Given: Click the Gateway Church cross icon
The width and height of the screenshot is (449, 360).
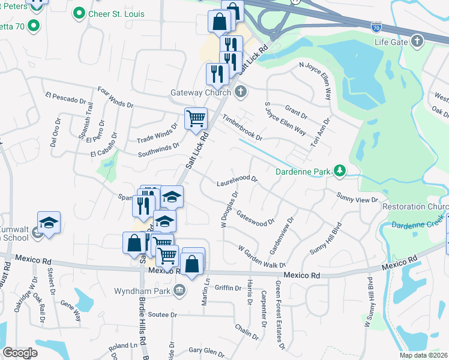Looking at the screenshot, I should tap(241, 92).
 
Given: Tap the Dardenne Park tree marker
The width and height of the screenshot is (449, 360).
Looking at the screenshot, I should tap(340, 171).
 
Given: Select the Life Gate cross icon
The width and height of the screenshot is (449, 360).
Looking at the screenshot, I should tap(417, 41).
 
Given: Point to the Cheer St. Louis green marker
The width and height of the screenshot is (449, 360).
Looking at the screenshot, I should tap(78, 13).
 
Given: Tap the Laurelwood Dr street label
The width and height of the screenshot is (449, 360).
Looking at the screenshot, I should tap(237, 179).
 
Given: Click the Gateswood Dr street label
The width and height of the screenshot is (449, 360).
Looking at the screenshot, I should tap(255, 217).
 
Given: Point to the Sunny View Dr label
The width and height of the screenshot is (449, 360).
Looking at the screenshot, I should tap(358, 198).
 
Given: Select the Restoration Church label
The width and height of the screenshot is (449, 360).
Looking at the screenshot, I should tap(415, 207).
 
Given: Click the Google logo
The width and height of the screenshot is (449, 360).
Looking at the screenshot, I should tap(20, 353).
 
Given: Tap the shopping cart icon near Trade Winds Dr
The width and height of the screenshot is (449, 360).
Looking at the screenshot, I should tap(196, 118).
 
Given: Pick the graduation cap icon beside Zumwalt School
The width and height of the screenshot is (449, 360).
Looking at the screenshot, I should tap(49, 223).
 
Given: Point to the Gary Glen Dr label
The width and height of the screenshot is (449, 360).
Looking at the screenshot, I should tap(206, 350).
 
